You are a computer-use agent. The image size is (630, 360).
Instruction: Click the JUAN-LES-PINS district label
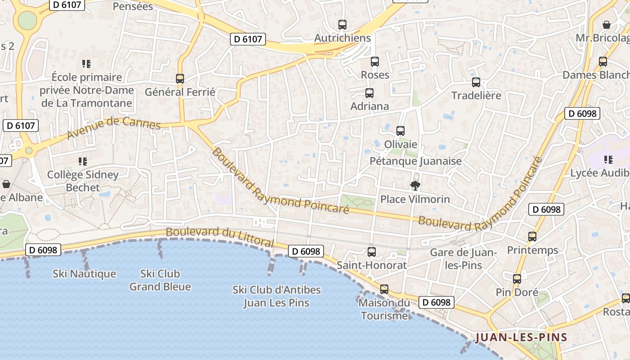pos(521,337)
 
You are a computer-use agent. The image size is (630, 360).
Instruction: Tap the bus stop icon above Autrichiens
pos(342,25)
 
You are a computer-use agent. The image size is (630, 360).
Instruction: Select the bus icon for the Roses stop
pos(375,62)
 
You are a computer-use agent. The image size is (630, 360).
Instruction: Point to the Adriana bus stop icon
pos(369,93)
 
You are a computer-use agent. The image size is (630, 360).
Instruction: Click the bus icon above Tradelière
pos(476,82)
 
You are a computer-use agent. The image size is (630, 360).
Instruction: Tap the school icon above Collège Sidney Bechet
pos(83,161)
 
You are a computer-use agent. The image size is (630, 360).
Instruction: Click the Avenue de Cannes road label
pos(113,127)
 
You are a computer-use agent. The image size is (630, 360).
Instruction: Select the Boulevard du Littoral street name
pos(220,236)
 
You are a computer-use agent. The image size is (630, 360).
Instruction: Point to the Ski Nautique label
pos(84,274)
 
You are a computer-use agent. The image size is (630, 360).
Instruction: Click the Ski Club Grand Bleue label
pos(160,280)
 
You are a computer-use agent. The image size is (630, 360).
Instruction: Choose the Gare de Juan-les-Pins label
pos(463,259)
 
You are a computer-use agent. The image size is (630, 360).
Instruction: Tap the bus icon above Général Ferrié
pos(180,79)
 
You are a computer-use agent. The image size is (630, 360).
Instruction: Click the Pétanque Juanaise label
pos(415,161)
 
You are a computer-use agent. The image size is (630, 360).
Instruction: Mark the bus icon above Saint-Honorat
pos(372,252)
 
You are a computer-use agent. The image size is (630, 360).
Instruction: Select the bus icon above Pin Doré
pos(517,279)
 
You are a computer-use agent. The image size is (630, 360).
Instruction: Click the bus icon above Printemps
pos(532,236)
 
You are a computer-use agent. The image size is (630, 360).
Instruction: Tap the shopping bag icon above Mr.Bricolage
pos(607,24)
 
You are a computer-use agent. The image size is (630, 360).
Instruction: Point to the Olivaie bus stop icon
pos(400,131)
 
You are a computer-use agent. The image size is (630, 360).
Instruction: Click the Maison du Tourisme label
pos(384,309)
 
